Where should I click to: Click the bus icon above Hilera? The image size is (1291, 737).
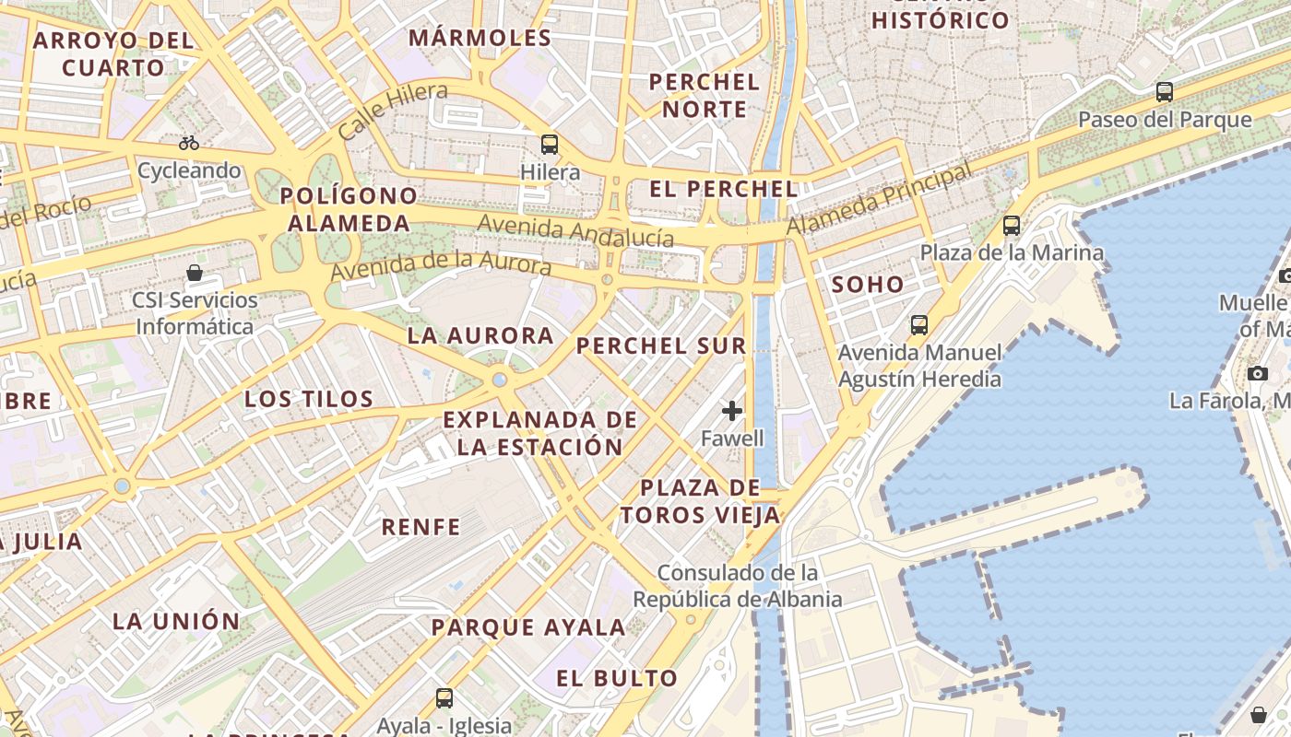550,145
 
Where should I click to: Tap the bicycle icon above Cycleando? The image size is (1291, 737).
189,143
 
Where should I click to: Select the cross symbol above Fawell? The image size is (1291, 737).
732,410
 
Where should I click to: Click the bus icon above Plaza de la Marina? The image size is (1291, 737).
1012,225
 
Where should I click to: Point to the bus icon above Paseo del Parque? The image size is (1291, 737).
1165,92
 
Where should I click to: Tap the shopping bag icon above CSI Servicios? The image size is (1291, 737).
195,273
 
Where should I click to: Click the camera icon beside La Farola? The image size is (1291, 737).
1257,373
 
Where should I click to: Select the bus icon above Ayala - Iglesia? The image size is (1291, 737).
444,697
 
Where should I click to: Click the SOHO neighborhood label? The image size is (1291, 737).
868,285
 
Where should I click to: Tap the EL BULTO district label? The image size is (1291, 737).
617,679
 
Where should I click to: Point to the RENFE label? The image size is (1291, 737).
421,527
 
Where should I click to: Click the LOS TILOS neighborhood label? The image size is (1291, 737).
309,399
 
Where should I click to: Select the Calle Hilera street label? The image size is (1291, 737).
393,111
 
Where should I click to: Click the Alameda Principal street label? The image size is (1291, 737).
880,198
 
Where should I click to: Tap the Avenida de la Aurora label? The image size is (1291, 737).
441,265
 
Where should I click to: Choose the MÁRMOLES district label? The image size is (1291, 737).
480,38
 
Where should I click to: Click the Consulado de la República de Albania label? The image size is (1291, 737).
737,586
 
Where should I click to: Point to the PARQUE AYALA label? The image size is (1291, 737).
529,628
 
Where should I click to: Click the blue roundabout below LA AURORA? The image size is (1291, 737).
499,379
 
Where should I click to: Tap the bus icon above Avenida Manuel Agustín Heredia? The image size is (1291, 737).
919,324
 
